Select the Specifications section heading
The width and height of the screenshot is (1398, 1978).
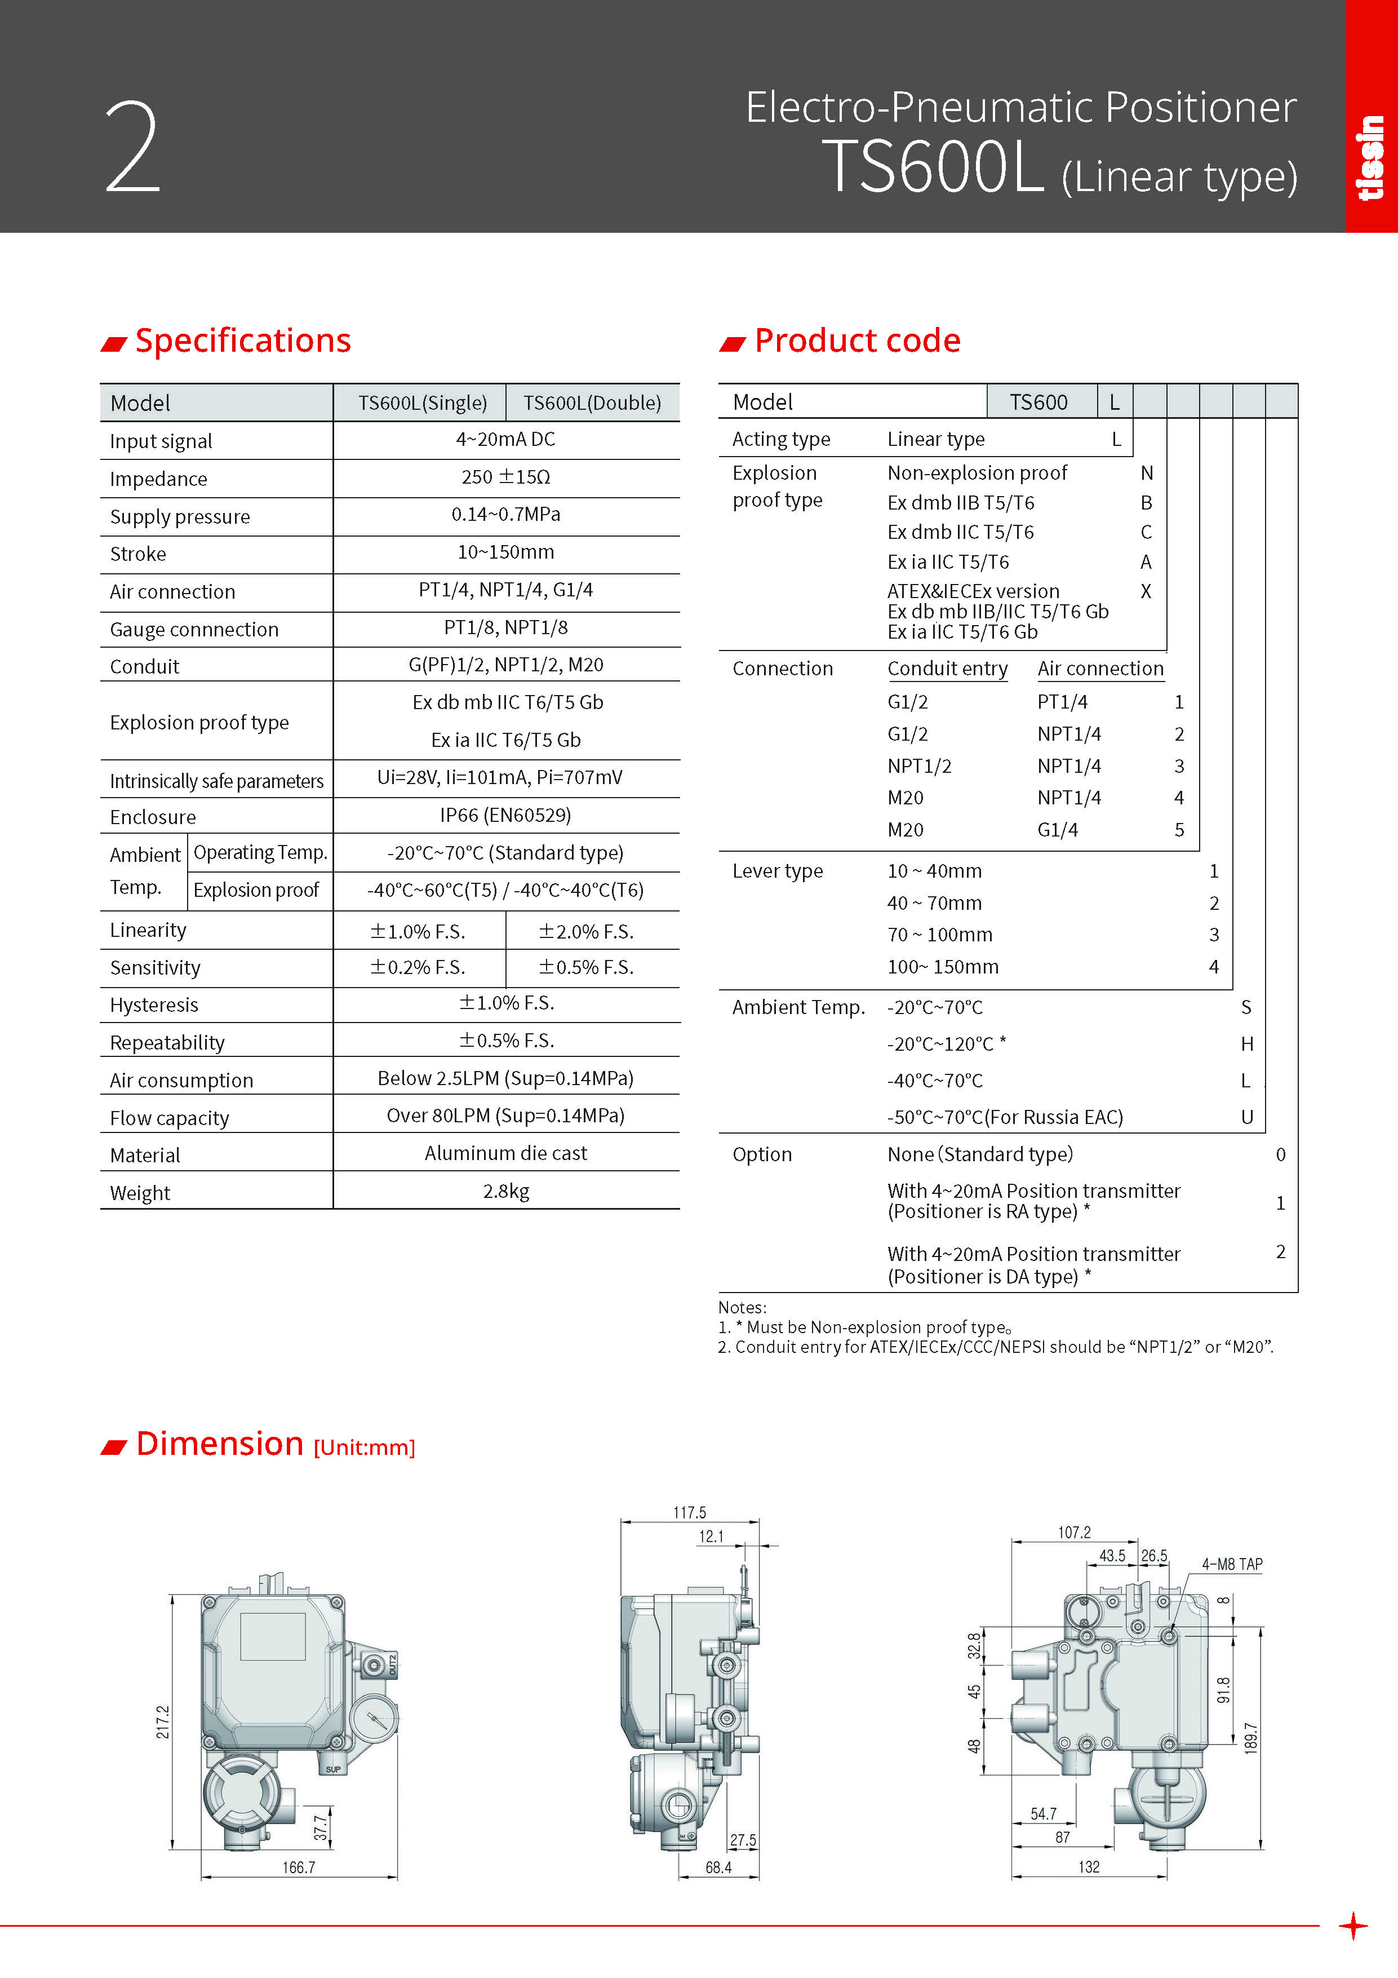point(242,340)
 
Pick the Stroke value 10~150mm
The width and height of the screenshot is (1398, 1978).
point(505,552)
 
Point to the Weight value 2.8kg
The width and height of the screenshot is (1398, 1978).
point(505,1192)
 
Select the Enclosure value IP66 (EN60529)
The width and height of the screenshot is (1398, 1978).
point(505,815)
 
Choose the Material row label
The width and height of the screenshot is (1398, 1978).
point(145,1155)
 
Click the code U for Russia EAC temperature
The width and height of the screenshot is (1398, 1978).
point(1246,1117)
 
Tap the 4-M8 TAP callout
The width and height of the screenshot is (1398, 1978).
point(1232,1564)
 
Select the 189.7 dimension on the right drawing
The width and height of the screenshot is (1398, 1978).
point(1251,1738)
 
